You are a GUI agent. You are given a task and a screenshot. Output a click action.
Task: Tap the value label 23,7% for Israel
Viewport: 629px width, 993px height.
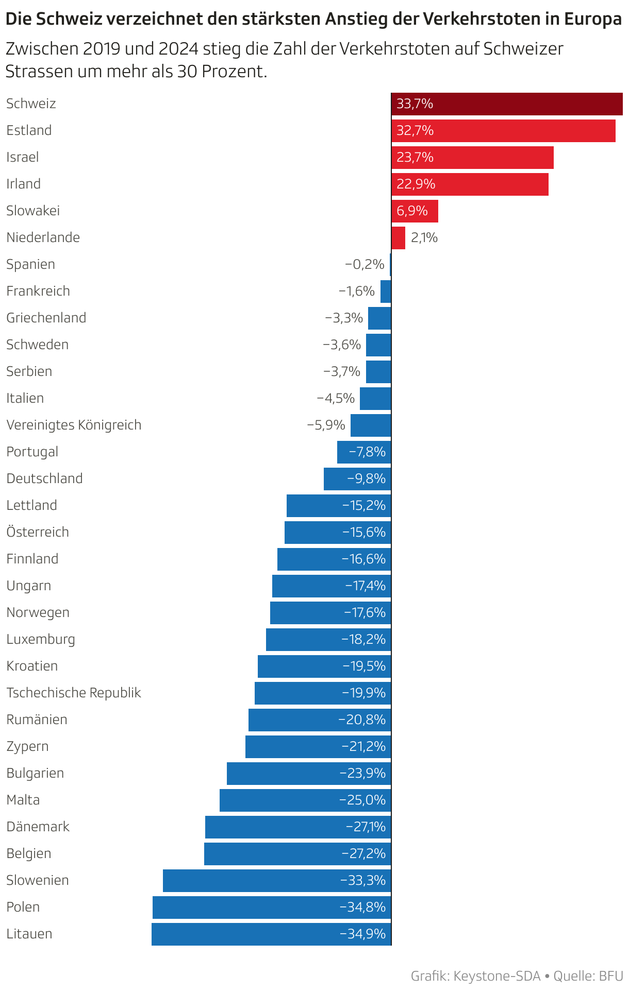(415, 158)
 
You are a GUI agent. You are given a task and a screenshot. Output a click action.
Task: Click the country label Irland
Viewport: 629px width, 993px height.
(23, 184)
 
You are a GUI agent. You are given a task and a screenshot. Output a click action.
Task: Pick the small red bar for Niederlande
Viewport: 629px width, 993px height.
(399, 238)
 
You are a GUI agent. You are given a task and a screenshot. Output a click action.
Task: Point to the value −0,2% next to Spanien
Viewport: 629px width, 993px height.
(365, 265)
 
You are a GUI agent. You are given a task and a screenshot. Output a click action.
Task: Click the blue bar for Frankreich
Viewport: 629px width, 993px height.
(386, 292)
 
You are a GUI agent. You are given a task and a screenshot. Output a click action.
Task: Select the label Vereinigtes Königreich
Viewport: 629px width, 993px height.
(74, 425)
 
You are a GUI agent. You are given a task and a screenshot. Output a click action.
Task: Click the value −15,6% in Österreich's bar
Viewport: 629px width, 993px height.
(364, 533)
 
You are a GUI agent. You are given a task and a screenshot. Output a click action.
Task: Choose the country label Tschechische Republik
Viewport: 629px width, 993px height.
(74, 693)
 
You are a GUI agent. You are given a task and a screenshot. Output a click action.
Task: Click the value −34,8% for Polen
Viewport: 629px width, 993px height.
(362, 908)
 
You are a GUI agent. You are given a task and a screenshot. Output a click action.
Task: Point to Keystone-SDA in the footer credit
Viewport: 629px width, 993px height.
(496, 976)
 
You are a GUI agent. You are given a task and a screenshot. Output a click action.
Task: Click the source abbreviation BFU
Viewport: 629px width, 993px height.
(611, 976)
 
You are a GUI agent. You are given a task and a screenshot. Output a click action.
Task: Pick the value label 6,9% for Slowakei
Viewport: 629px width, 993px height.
(412, 211)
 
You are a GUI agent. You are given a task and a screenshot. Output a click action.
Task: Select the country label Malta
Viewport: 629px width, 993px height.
(23, 800)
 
